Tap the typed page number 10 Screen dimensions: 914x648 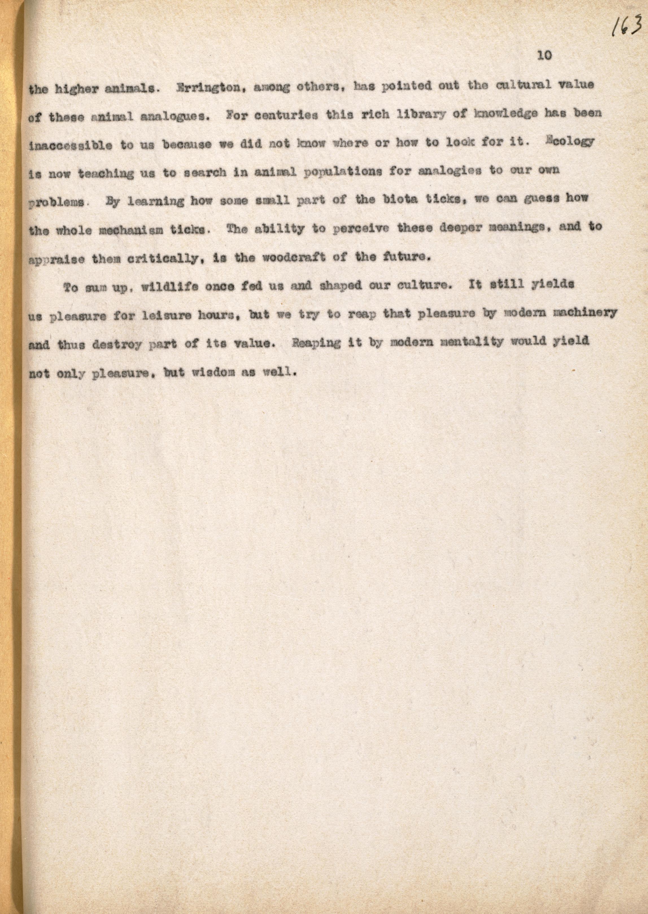tap(544, 56)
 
